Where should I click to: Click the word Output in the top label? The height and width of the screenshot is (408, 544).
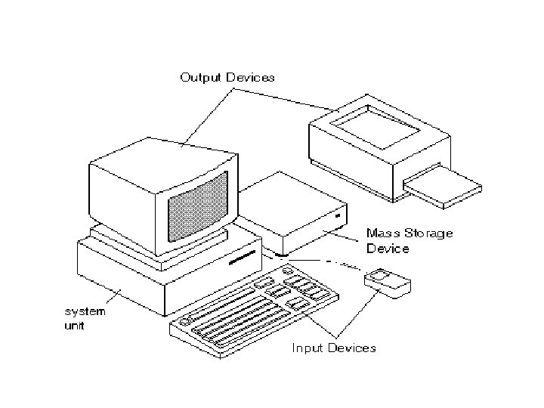[x=200, y=77]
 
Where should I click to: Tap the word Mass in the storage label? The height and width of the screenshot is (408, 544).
[x=382, y=233]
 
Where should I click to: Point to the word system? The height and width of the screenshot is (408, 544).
[x=85, y=311]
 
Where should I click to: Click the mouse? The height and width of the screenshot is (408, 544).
[x=388, y=281]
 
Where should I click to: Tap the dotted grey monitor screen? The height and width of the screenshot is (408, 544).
[x=196, y=206]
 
